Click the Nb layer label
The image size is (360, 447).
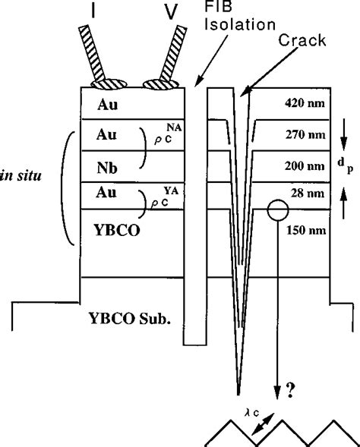pyautogui.click(x=107, y=166)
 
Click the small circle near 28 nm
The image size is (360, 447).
pyautogui.click(x=276, y=210)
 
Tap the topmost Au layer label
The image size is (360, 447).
pyautogui.click(x=107, y=104)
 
